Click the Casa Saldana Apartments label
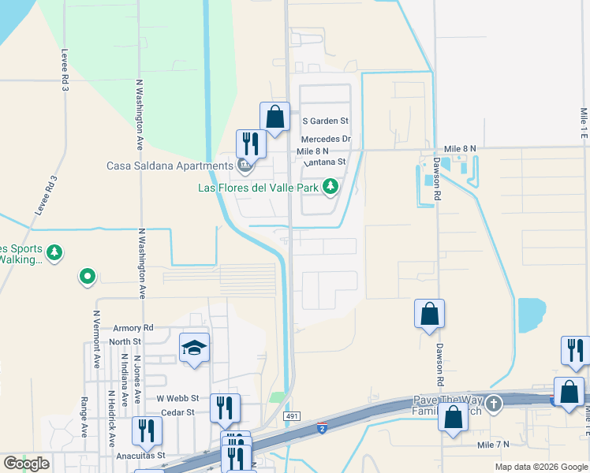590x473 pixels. (170, 166)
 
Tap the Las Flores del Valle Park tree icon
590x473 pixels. (331, 187)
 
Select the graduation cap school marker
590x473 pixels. (195, 348)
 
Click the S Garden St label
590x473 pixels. (326, 121)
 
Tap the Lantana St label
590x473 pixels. (324, 162)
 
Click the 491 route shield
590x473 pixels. (292, 416)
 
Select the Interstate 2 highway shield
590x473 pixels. (322, 428)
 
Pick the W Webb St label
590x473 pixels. (177, 399)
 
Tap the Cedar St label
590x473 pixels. (177, 412)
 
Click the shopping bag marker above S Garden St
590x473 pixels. (274, 117)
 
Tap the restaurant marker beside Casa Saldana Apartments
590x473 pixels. (251, 143)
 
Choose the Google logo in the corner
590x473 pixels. (26, 464)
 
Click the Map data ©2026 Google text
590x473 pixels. (540, 467)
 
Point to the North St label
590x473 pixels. (125, 341)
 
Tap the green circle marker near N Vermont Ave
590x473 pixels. (88, 277)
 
